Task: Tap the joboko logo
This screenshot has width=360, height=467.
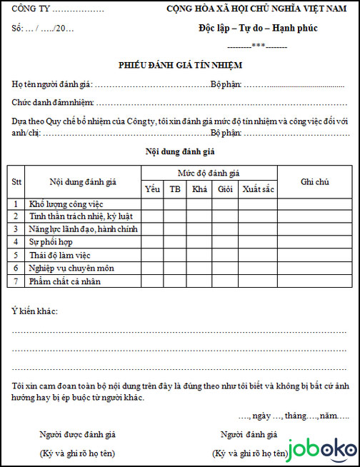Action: coord(322,450)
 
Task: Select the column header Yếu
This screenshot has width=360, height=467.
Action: coord(152,189)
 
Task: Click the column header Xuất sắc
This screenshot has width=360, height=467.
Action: coord(257,189)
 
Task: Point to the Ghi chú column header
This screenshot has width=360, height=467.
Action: coord(314,182)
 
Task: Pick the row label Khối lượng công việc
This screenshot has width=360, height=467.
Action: coord(66,204)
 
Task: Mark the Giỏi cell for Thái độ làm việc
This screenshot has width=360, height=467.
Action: coord(226,255)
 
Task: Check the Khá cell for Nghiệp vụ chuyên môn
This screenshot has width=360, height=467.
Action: coord(199,268)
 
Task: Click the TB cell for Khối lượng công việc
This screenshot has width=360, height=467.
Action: coord(175,204)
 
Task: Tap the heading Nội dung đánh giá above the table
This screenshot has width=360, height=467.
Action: coord(180,151)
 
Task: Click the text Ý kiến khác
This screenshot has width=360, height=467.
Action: coord(35,312)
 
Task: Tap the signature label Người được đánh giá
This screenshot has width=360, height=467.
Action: coord(78,433)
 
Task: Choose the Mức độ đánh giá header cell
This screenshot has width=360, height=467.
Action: coord(209,174)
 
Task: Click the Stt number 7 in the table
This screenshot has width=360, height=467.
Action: coord(16,281)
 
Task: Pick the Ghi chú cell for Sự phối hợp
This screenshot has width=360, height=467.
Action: coord(314,242)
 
